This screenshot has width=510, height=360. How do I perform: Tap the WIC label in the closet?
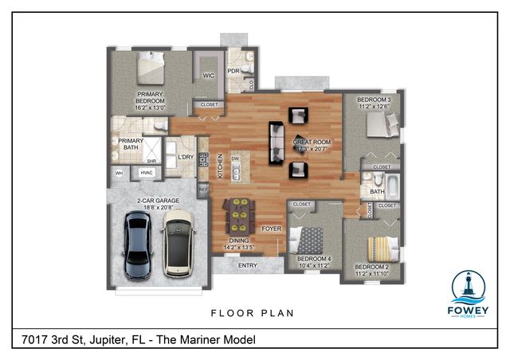pos(209,76)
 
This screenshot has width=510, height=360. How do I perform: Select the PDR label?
pos(233,71)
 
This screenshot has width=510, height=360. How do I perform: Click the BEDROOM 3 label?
pos(375,100)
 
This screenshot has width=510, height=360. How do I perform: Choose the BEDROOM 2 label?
pos(371,269)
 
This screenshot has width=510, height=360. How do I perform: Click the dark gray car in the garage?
pos(139,246)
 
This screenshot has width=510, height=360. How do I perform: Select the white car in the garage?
pos(178,243)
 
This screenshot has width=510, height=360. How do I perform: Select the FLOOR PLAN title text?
pos(251,313)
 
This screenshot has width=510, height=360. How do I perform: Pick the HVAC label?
pos(147,173)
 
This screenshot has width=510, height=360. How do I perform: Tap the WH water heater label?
pos(119,173)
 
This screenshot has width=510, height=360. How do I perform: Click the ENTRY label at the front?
pos(248,265)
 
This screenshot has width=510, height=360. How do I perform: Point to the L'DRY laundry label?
pos(186,157)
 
